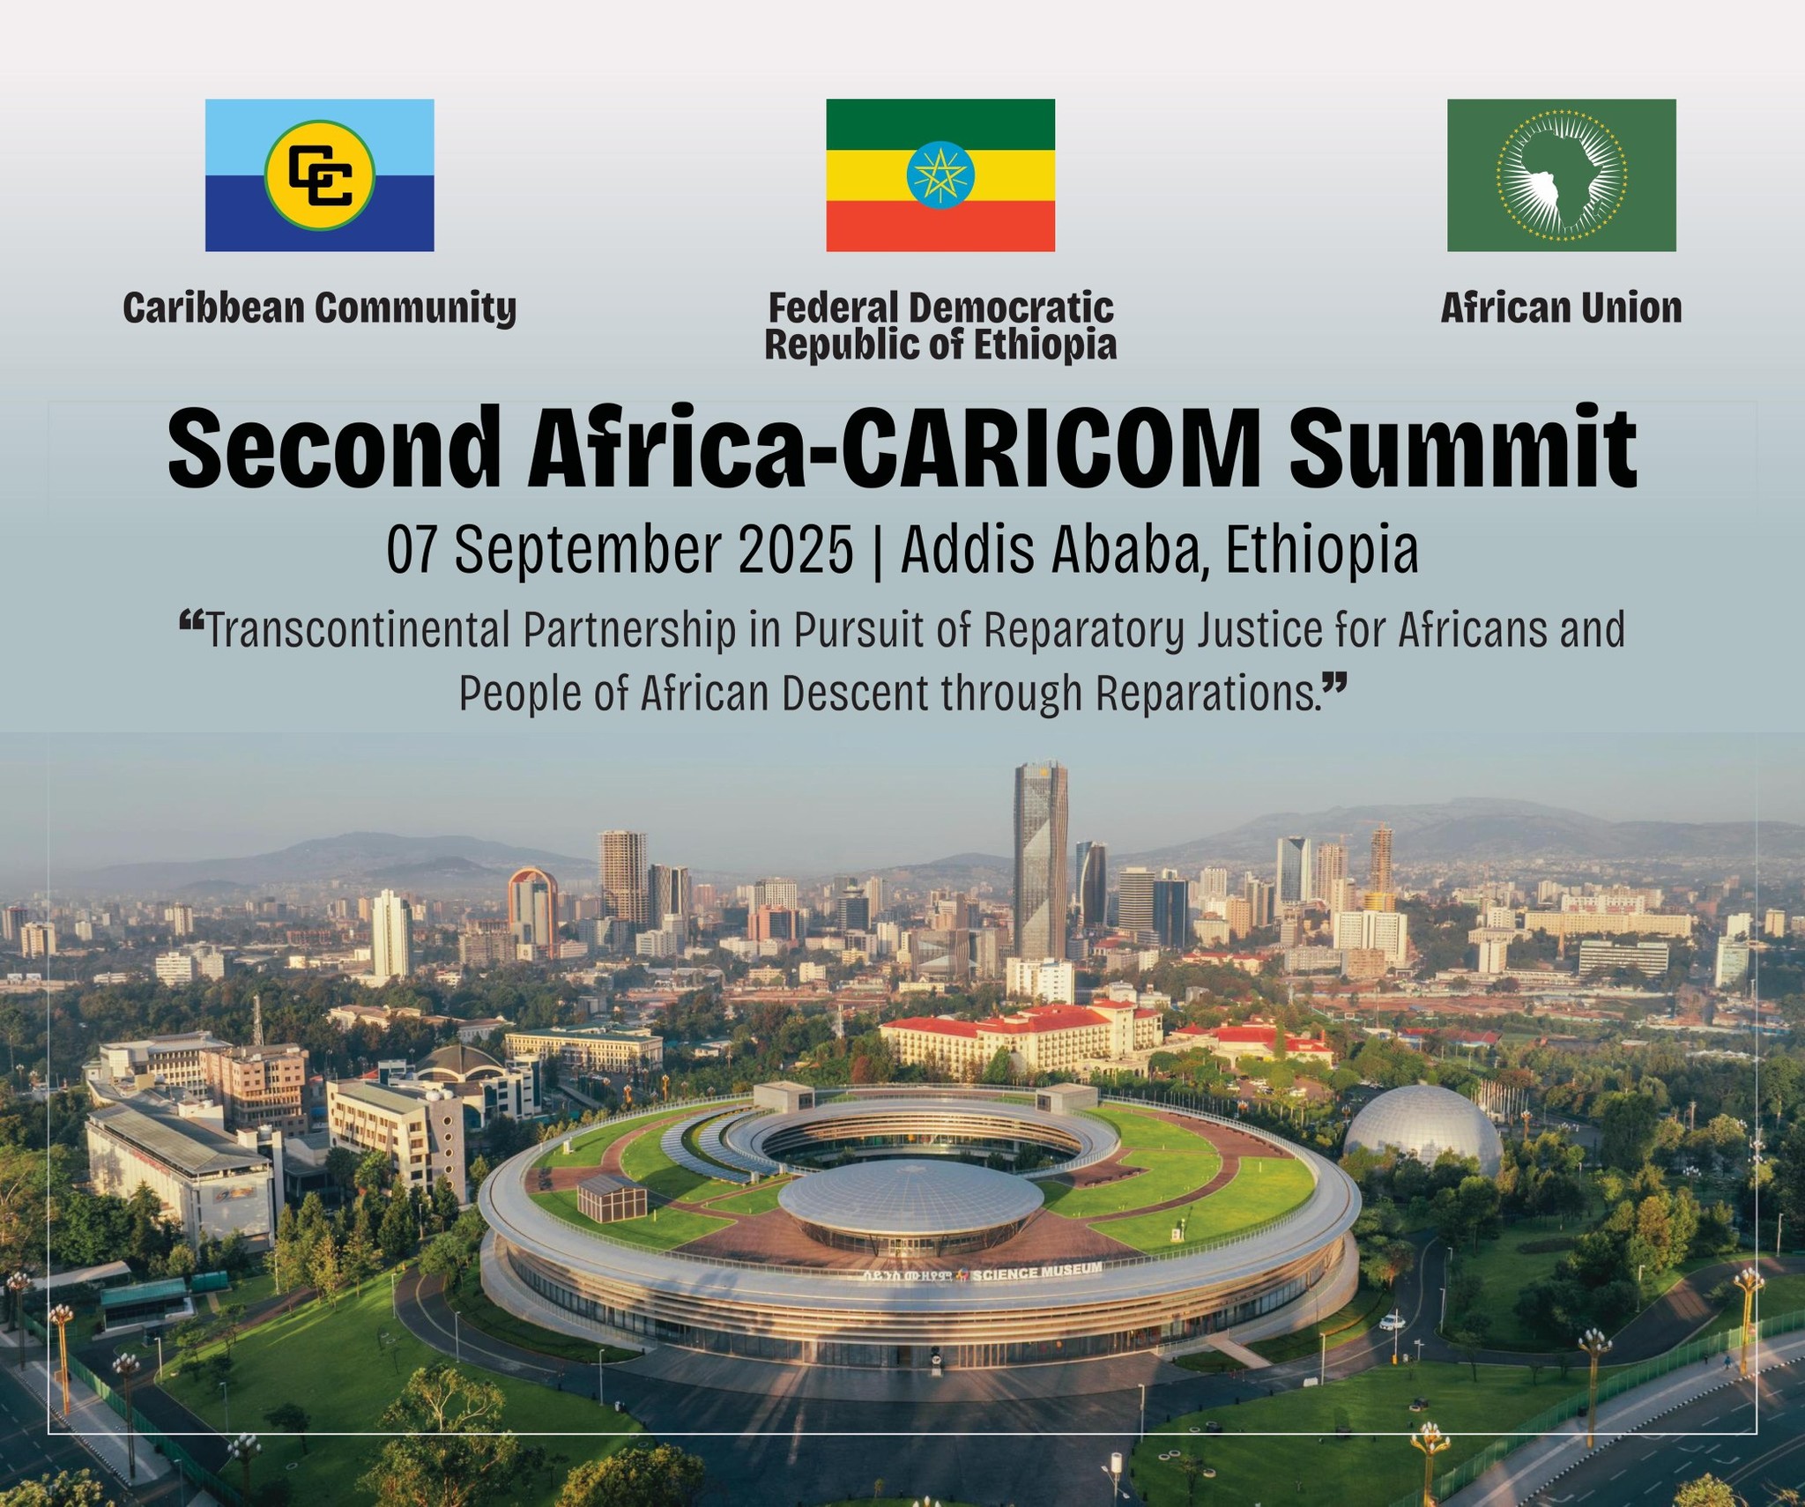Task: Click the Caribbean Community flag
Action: pyautogui.click(x=320, y=175)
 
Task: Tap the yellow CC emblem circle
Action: pyautogui.click(x=320, y=175)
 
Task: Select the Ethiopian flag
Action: pyautogui.click(x=940, y=175)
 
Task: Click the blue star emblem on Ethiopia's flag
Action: pyautogui.click(x=940, y=174)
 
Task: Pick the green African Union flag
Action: pyautogui.click(x=1562, y=175)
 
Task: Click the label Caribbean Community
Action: pyautogui.click(x=320, y=308)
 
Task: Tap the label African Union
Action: pyautogui.click(x=1562, y=308)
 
